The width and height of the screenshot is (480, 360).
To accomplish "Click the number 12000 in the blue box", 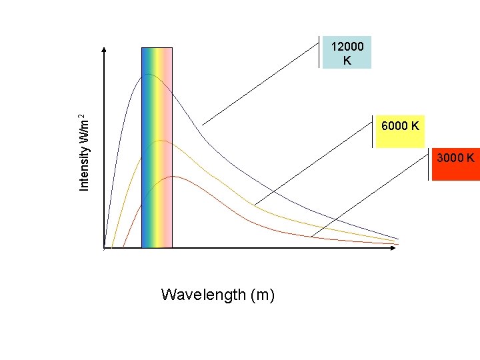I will (x=347, y=47).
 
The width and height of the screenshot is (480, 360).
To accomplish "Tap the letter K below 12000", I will (x=347, y=60).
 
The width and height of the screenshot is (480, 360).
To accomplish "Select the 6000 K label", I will (x=400, y=125).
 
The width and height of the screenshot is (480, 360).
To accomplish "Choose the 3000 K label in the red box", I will (x=455, y=158).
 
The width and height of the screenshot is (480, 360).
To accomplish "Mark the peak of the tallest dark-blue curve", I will (x=148, y=74).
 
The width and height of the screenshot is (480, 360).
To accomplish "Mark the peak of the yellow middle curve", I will (x=161, y=141).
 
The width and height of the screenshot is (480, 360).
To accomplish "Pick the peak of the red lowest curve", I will (x=173, y=176).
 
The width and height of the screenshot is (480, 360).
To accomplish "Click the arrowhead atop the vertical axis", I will (x=105, y=50).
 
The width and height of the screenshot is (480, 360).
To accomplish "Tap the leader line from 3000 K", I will (x=370, y=196).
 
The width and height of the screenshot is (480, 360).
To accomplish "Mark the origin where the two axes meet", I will (x=105, y=248).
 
